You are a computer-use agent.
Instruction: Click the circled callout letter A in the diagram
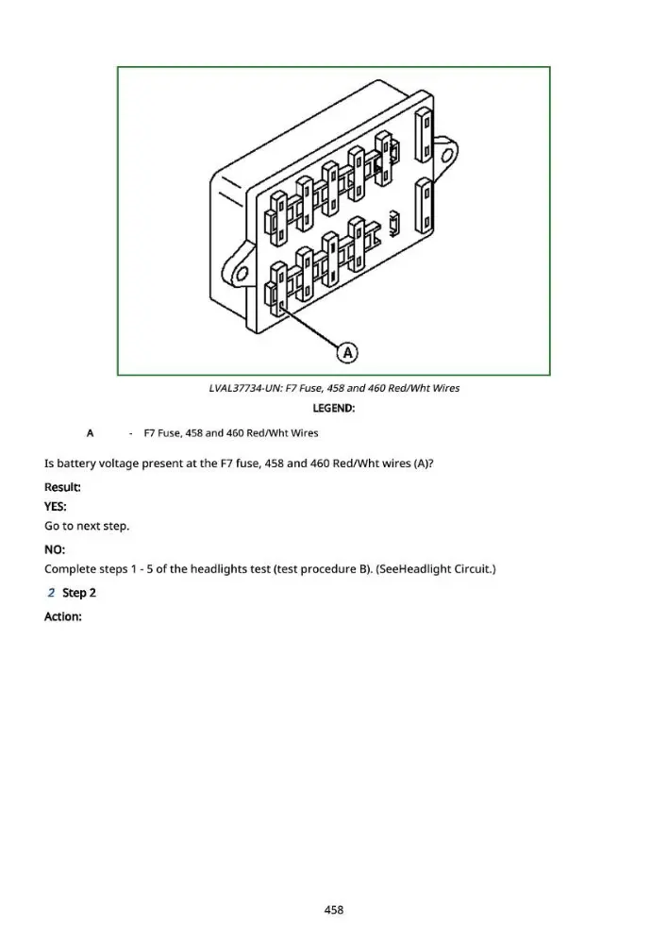[x=347, y=353]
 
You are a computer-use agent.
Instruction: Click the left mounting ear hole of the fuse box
[x=242, y=274]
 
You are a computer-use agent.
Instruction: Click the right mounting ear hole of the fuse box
[x=448, y=157]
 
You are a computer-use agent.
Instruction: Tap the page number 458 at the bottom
[x=334, y=910]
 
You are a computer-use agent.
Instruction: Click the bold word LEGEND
[x=333, y=408]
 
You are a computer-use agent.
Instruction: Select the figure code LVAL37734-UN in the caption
[x=244, y=388]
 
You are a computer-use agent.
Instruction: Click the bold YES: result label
[x=56, y=507]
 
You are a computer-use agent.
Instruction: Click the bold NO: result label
[x=55, y=549]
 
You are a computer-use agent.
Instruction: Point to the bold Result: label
[x=62, y=487]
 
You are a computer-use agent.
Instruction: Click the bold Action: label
[x=63, y=616]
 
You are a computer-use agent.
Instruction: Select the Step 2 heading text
[x=79, y=593]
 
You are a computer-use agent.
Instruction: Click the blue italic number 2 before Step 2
[x=51, y=593]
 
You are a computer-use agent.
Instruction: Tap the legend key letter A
[x=91, y=433]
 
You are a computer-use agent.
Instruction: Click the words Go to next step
[x=87, y=526]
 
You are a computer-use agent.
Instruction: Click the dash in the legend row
[x=130, y=433]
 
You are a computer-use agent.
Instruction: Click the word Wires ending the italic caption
[x=446, y=388]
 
